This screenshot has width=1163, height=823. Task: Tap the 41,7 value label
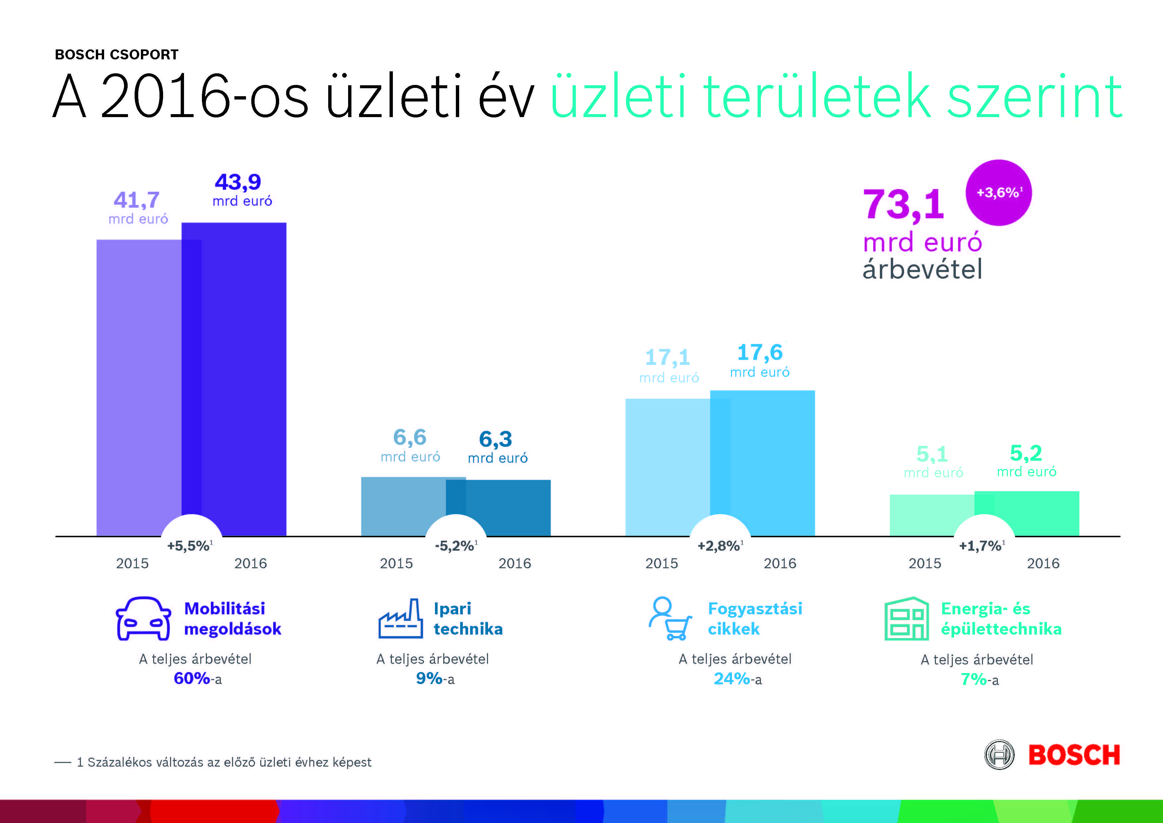click(136, 200)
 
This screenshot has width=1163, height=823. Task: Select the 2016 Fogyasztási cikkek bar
click(770, 461)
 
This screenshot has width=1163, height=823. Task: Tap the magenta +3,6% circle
click(998, 193)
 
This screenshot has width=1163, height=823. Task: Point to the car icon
click(143, 619)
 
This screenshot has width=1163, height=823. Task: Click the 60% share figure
click(192, 678)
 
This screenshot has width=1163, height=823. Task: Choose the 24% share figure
click(731, 678)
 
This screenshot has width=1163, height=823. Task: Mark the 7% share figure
click(973, 679)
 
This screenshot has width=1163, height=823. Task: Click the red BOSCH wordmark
click(1074, 755)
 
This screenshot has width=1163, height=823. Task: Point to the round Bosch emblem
click(999, 755)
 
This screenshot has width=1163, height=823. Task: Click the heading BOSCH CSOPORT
click(116, 54)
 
